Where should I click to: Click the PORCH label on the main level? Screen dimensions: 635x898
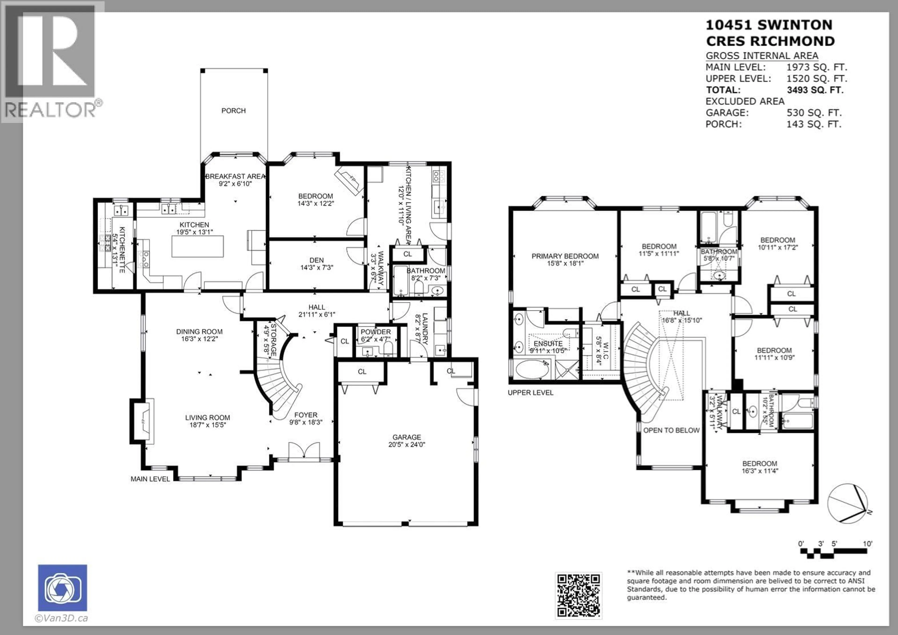[x=233, y=111]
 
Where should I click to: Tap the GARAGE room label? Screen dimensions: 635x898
[x=407, y=437]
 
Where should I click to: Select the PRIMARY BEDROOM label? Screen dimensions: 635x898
[x=565, y=256]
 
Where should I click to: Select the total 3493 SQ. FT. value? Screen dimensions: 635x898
[x=815, y=90]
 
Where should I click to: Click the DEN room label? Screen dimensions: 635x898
[x=316, y=260]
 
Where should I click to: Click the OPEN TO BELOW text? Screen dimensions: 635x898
[x=671, y=430]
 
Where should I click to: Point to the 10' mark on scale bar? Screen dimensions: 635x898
[x=868, y=544]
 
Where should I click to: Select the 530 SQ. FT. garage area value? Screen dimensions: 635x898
[x=814, y=113]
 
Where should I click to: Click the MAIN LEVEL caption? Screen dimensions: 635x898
[x=150, y=479]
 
